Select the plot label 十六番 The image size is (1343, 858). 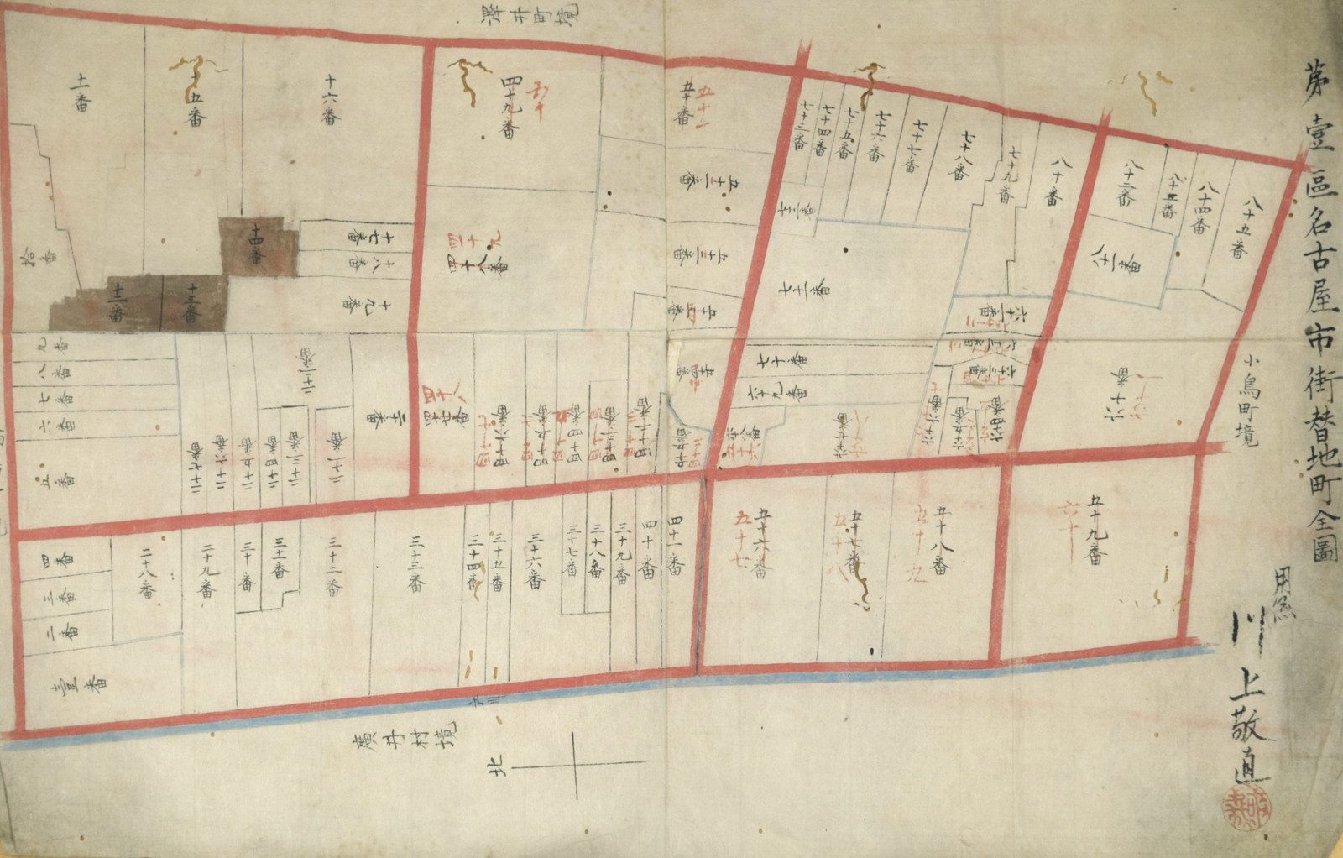point(330,100)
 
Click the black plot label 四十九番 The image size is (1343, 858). point(510,107)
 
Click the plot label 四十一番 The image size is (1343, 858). point(675,546)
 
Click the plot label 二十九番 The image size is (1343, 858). point(207,568)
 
